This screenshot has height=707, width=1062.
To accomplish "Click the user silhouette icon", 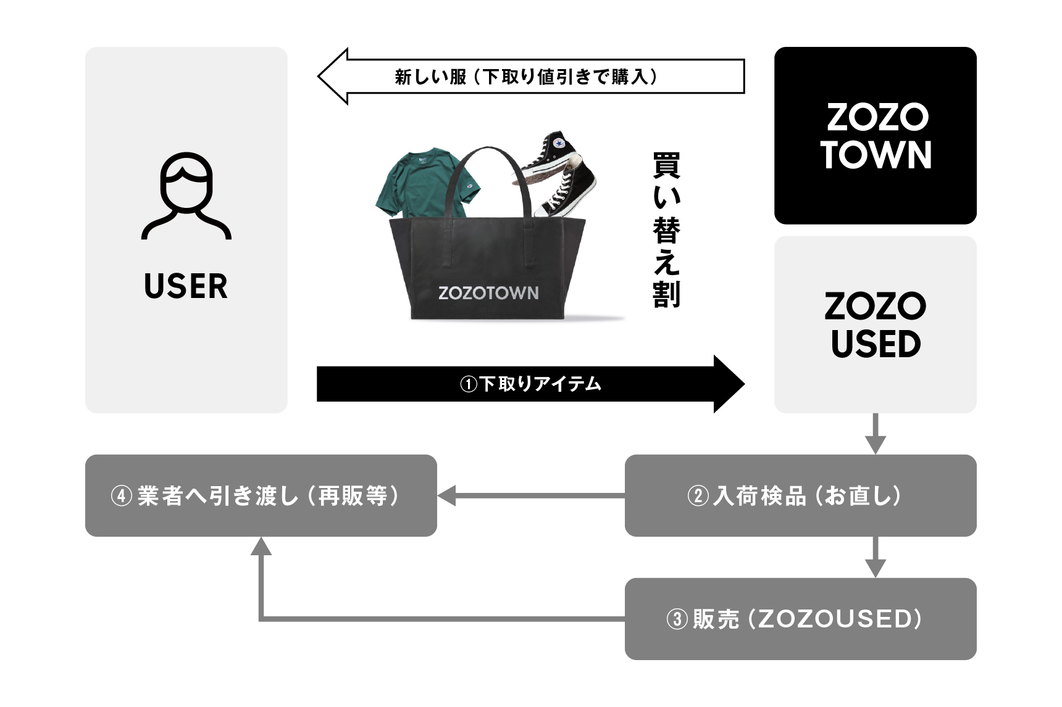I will [x=186, y=196].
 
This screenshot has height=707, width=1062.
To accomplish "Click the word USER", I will [x=186, y=286].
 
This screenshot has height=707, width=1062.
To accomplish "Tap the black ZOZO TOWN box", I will [x=875, y=136].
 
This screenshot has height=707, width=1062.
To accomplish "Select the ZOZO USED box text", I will [x=875, y=325].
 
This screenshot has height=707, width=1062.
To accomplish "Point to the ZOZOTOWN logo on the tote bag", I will [x=488, y=293].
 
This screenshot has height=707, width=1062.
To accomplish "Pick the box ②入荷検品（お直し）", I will [x=800, y=495].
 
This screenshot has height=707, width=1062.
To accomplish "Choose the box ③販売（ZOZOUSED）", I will [x=800, y=619].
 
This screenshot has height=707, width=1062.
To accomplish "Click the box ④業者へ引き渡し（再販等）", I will [x=261, y=495].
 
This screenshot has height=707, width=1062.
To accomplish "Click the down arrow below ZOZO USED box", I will [x=875, y=434].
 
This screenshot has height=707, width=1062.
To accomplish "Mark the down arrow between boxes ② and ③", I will [x=875, y=558].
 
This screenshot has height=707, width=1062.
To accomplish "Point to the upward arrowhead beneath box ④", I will [x=261, y=547].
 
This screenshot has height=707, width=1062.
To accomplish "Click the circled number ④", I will [x=122, y=496].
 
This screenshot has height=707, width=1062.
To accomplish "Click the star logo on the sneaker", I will [x=559, y=144].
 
